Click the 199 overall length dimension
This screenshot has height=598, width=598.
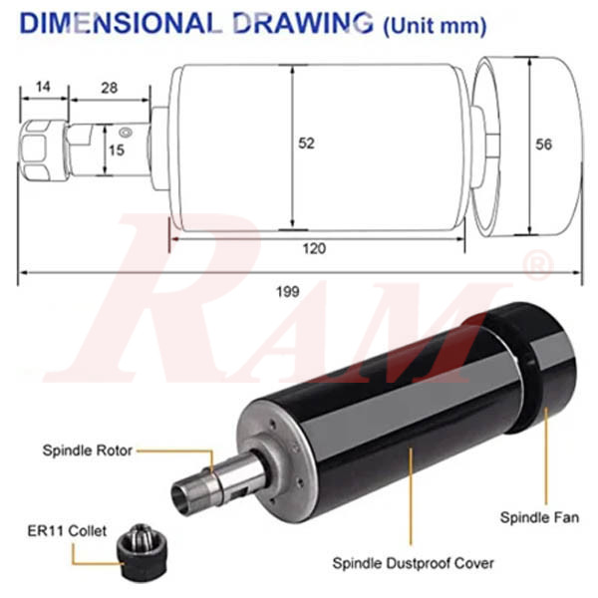(288, 292)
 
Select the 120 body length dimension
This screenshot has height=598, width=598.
(314, 248)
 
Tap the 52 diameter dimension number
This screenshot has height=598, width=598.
(306, 144)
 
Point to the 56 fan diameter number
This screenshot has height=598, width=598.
(543, 145)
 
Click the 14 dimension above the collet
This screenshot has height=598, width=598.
(43, 87)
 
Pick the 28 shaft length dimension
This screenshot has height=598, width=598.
(109, 88)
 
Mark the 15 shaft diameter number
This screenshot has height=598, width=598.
(117, 150)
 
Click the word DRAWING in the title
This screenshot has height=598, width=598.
(303, 23)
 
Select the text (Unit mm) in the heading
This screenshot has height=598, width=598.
(435, 26)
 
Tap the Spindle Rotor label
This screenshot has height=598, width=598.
(88, 450)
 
